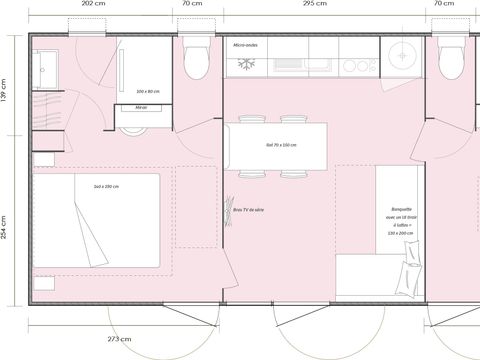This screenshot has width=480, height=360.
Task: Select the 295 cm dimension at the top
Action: click(x=314, y=5)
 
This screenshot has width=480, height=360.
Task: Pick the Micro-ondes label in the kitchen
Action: click(x=247, y=46)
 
